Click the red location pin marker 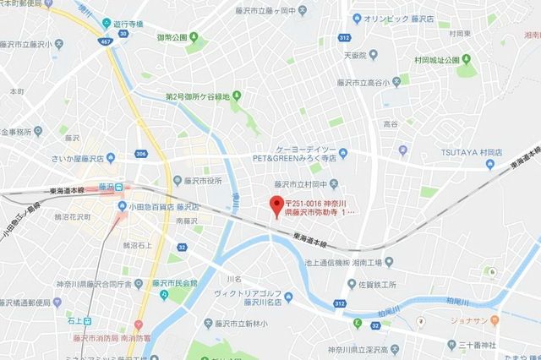coord(274,205)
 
